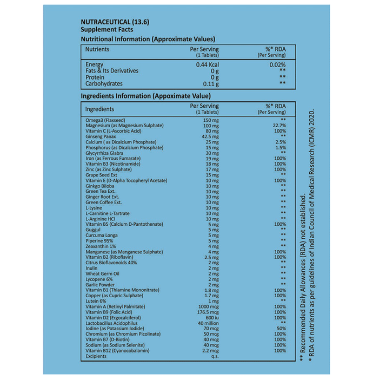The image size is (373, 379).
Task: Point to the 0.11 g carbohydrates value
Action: [x=210, y=84]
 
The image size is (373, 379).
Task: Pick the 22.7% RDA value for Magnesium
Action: [x=280, y=126]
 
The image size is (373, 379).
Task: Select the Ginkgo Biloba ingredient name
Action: [x=100, y=186]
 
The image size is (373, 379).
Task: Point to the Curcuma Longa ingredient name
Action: [x=102, y=235]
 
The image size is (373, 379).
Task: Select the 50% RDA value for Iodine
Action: [x=280, y=329]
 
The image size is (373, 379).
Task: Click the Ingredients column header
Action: [x=100, y=109]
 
